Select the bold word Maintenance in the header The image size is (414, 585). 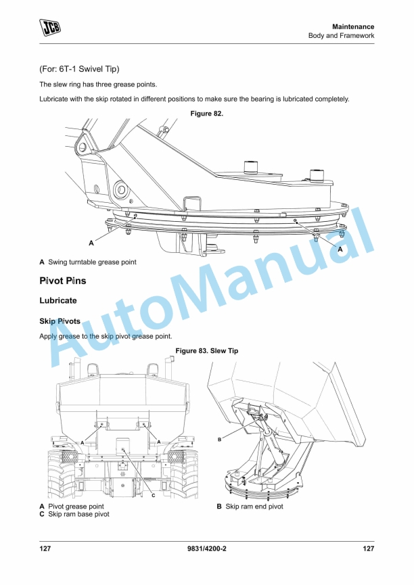pyautogui.click(x=353, y=26)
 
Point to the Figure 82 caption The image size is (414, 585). pyautogui.click(x=207, y=114)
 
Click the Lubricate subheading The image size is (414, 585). pyautogui.click(x=58, y=300)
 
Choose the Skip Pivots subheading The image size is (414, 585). pyautogui.click(x=60, y=322)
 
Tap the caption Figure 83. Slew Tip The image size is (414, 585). pyautogui.click(x=207, y=351)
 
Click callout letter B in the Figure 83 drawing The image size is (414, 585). pyautogui.click(x=220, y=440)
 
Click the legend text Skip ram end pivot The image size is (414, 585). pyautogui.click(x=254, y=507)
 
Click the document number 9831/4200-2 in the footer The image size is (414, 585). pyautogui.click(x=207, y=549)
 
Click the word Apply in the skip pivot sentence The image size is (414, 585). pyautogui.click(x=49, y=336)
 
